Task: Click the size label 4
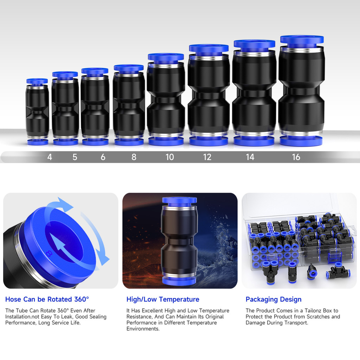pos(50,157)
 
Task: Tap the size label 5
pos(75,157)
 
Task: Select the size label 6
pos(103,157)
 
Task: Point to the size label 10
pos(170,157)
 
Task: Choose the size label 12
pos(207,157)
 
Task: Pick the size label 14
pos(250,157)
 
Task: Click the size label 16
pos(296,157)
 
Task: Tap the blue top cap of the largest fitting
pos(302,39)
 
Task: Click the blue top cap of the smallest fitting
pos(37,81)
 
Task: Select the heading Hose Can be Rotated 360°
pos(47,300)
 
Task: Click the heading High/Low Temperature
pos(163,300)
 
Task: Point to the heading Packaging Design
pos(274,300)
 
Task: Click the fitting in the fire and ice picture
pos(179,241)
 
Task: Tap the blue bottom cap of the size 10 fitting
pos(166,141)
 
